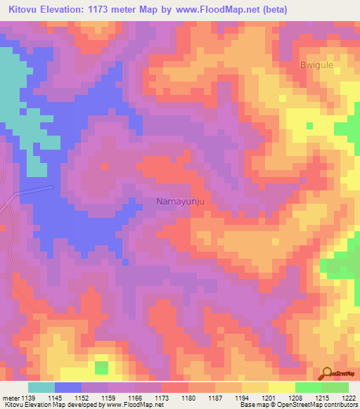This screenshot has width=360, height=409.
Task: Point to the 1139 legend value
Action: pos(28,398)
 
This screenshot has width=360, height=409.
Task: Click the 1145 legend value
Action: pos(55,398)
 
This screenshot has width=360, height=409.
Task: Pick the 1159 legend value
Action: pos(108,398)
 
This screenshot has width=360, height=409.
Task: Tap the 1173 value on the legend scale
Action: pos(160,398)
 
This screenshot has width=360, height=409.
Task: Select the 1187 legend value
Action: pos(214,398)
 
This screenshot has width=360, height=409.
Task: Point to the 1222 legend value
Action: pos(347,398)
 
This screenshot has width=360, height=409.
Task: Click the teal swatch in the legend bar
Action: pos(41,387)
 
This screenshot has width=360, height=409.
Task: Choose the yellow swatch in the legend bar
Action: pos(281,387)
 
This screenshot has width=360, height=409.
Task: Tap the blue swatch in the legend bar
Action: pos(68,387)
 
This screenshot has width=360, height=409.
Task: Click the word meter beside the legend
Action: pos(10,398)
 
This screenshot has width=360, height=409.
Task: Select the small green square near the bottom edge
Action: pos(102,368)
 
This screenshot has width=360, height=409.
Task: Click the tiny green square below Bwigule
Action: pos(310,126)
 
